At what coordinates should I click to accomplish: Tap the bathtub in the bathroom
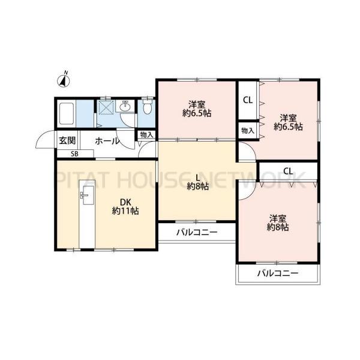click(67, 113)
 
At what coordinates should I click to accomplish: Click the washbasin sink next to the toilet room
click(125, 106)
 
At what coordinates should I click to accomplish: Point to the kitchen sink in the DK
click(87, 194)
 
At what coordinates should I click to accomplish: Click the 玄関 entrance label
click(67, 140)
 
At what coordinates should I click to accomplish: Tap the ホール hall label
click(107, 141)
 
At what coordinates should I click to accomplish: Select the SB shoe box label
click(74, 154)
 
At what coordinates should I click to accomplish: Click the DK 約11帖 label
click(125, 206)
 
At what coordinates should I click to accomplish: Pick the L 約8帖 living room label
click(197, 182)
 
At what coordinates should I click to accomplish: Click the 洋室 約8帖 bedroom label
click(278, 223)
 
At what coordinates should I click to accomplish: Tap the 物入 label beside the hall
click(147, 135)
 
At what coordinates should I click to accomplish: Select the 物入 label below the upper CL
click(248, 131)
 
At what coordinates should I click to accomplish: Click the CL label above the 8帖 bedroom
click(288, 171)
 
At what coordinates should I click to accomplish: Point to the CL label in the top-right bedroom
click(248, 100)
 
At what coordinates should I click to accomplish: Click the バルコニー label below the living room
click(197, 233)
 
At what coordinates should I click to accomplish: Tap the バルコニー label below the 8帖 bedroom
click(278, 273)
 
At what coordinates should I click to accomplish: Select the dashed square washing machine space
click(106, 107)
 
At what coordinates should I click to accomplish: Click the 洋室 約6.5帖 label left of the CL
click(197, 109)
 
